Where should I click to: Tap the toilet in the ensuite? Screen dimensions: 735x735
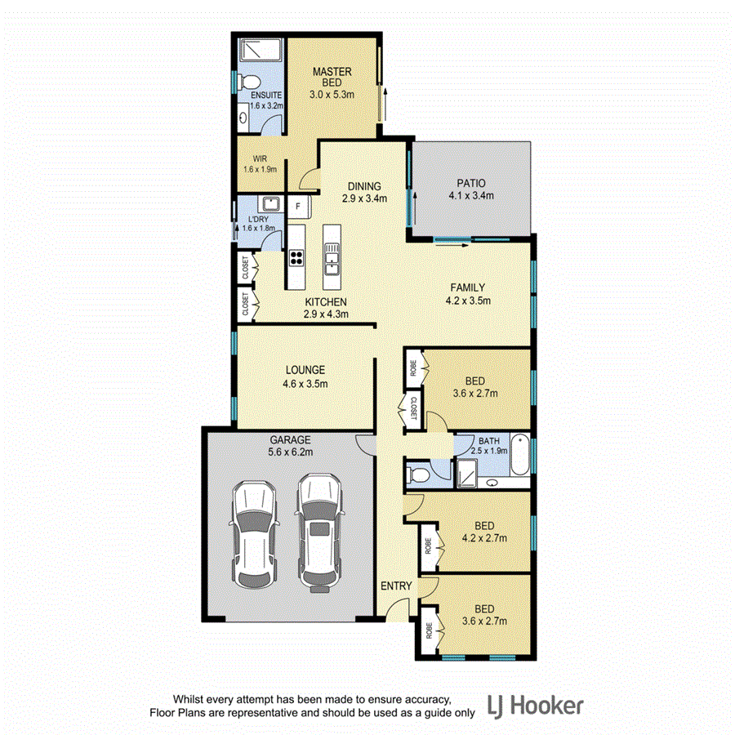pos(252,82)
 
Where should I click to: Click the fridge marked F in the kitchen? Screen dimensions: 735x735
pos(298,207)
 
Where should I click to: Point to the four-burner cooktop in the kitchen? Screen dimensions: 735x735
pos(296,258)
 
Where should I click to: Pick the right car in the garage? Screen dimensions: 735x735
pos(318,530)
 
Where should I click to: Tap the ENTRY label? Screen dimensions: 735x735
pos(396,586)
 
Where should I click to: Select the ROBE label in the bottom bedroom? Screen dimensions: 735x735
pos(428,630)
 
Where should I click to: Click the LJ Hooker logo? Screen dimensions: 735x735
pos(535,705)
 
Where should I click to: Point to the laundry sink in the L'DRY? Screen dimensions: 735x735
pos(269,204)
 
